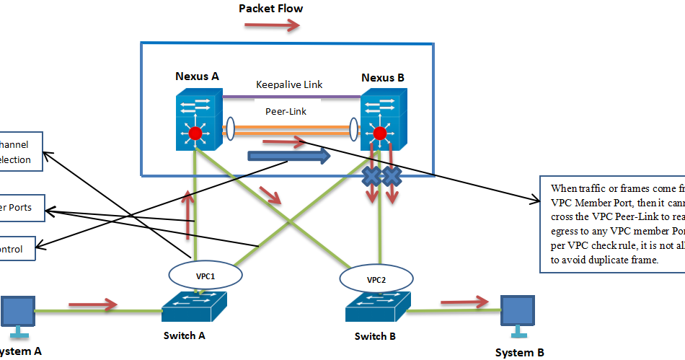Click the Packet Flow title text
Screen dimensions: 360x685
(270, 9)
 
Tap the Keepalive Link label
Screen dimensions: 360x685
(289, 84)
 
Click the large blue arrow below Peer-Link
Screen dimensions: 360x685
(288, 156)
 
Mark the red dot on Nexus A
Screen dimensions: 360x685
(195, 133)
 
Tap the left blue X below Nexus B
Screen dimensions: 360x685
(372, 175)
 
